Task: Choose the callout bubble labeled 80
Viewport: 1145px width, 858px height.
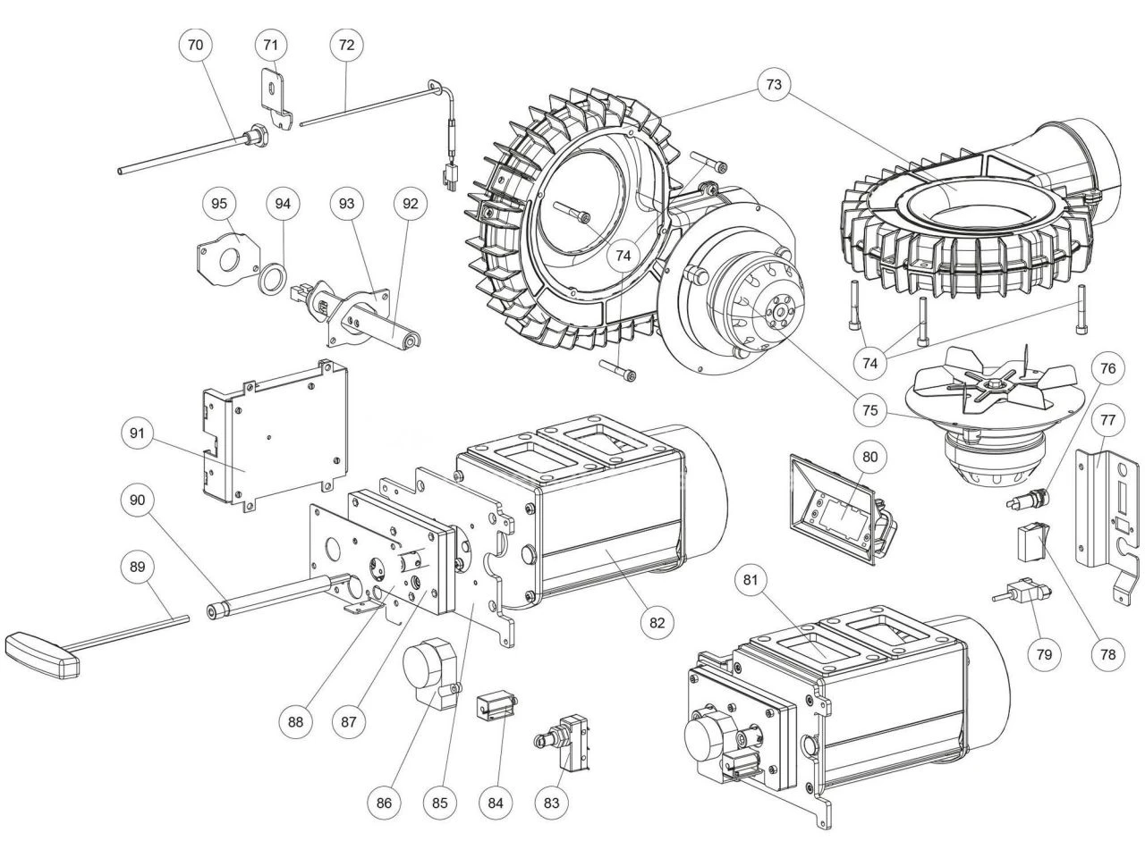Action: tap(870, 456)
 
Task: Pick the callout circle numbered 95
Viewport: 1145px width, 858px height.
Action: tap(219, 204)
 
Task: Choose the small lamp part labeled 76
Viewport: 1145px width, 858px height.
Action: tap(1028, 496)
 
